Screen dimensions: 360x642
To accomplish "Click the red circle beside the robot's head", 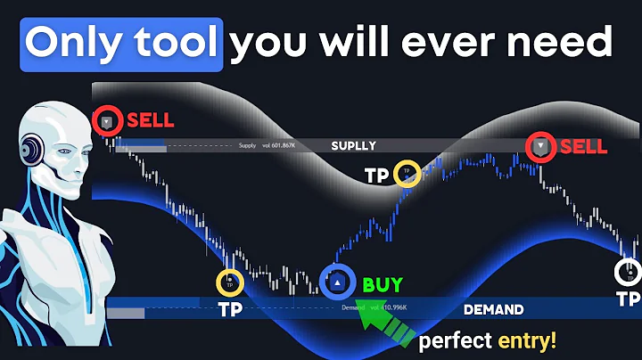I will pyautogui.click(x=107, y=121).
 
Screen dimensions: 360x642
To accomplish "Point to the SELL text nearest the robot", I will pyautogui.click(x=151, y=120).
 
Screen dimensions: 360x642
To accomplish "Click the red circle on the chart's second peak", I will pyautogui.click(x=540, y=147).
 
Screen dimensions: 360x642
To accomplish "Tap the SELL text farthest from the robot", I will pyautogui.click(x=584, y=147).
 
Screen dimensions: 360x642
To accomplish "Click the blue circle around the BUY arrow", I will pyautogui.click(x=338, y=282).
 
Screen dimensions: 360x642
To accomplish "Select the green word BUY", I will pyautogui.click(x=382, y=286).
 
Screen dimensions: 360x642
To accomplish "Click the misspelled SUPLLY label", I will pyautogui.click(x=353, y=145).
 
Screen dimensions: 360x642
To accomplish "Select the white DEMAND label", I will pyautogui.click(x=493, y=310).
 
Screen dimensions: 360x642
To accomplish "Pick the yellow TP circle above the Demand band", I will pyautogui.click(x=230, y=283).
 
